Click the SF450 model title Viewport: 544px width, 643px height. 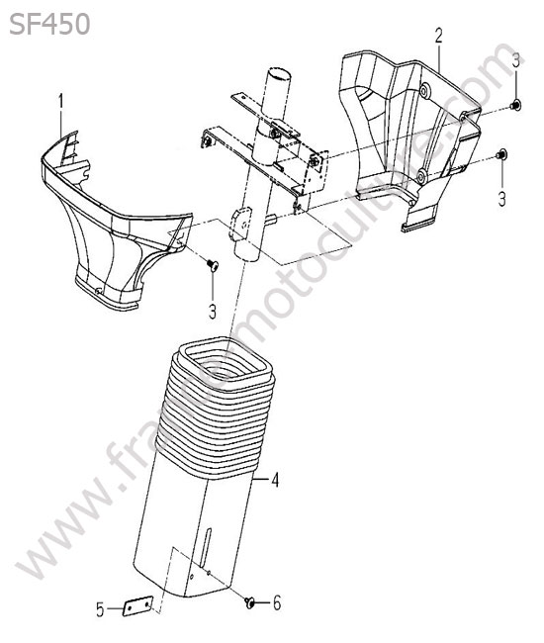[49, 24]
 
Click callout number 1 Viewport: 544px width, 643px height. [61, 102]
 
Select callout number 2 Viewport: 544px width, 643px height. [438, 36]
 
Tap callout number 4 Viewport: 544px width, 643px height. [275, 480]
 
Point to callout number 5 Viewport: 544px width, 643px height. [101, 610]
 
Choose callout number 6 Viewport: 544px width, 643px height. [277, 603]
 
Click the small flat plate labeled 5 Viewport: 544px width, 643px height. [137, 605]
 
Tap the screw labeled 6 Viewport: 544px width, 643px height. [249, 602]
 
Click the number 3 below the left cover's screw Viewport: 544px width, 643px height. [213, 312]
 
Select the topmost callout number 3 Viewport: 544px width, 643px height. [515, 60]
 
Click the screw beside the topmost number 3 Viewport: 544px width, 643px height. [515, 105]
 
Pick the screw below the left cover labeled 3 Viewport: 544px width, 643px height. [213, 265]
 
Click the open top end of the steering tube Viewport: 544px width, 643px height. [278, 75]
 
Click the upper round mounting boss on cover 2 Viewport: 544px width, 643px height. [424, 90]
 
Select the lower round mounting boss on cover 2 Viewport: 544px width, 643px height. [421, 177]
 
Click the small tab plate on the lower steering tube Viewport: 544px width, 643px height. [239, 224]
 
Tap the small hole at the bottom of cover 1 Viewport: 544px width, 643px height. [98, 292]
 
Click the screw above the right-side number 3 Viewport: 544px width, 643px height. [500, 155]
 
